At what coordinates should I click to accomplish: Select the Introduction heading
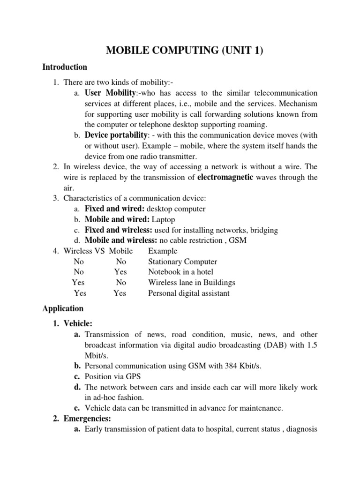pyautogui.click(x=65, y=67)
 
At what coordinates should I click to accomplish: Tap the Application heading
pyautogui.click(x=63, y=308)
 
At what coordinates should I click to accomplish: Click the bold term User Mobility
pyautogui.click(x=107, y=93)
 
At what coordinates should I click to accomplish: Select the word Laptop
pyautogui.click(x=163, y=219)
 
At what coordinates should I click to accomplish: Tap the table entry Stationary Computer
pyautogui.click(x=182, y=262)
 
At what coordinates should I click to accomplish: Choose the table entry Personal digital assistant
pyautogui.click(x=189, y=293)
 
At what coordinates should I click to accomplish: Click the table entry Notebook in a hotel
pyautogui.click(x=180, y=272)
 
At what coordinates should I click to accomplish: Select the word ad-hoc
pyautogui.click(x=102, y=397)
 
